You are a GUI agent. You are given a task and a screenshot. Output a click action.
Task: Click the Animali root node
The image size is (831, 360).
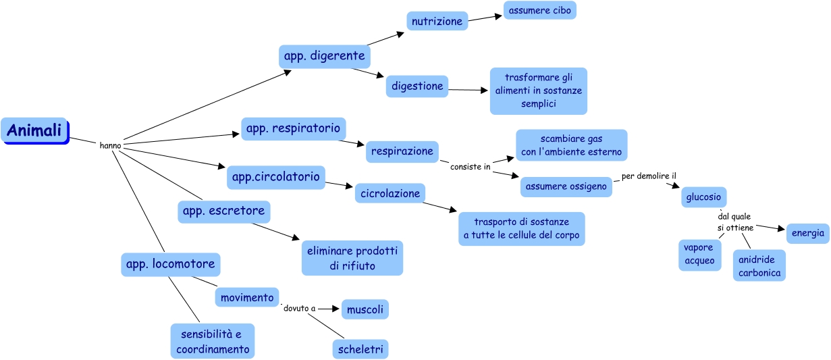[x=34, y=130]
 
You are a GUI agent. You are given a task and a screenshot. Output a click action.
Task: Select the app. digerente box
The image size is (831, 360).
[x=324, y=56]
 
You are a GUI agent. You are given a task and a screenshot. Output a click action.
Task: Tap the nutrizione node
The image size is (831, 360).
[x=437, y=21]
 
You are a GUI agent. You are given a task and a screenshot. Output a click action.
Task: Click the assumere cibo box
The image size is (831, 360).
[x=539, y=10]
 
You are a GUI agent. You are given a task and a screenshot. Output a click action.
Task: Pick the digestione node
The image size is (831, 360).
[x=417, y=86]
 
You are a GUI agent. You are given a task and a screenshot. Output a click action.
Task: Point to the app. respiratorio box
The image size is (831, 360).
[x=294, y=128]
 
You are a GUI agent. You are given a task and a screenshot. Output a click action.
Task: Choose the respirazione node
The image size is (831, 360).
[x=402, y=151]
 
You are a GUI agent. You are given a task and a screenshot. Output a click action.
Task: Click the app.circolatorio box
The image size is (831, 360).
[x=275, y=177]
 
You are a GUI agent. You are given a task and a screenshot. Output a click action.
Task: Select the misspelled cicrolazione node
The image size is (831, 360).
[x=390, y=193]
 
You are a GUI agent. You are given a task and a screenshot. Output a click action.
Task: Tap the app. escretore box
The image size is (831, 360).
[x=225, y=211]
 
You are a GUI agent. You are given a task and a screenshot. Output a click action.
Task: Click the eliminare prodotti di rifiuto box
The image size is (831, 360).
[x=352, y=258]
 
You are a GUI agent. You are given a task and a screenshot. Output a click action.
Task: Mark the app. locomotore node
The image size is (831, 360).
[x=171, y=264]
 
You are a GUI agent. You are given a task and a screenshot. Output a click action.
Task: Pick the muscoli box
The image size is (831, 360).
[x=365, y=310]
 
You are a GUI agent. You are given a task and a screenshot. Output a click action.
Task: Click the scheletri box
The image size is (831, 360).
[x=361, y=349]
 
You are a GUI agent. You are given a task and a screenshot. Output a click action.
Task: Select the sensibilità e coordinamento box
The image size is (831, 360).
[x=213, y=341]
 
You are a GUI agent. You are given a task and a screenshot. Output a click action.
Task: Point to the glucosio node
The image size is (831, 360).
[x=703, y=197]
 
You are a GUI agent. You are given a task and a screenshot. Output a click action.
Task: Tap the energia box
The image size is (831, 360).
[x=807, y=233]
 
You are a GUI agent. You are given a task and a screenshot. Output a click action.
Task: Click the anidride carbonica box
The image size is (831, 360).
[x=759, y=266]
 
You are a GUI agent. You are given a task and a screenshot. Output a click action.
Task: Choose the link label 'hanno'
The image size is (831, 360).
[x=110, y=145]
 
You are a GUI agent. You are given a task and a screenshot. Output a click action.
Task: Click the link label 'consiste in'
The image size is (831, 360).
[x=470, y=167]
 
